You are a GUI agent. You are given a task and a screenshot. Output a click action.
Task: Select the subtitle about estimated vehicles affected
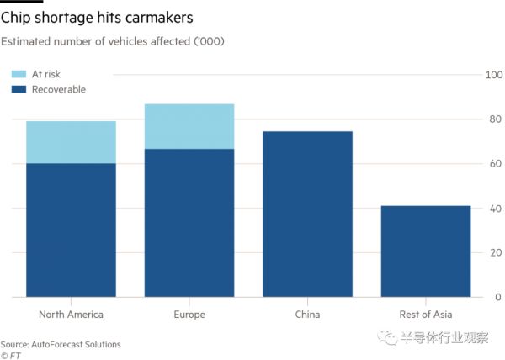(112, 41)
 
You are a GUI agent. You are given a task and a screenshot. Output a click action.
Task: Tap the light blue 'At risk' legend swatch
(17, 75)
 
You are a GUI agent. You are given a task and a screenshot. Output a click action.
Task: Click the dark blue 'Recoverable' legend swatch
(17, 89)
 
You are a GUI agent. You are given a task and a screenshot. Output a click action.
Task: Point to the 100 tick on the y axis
(495, 76)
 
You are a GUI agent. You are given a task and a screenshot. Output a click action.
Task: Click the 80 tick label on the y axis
(497, 120)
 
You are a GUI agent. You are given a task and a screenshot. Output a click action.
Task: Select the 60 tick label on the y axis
(497, 164)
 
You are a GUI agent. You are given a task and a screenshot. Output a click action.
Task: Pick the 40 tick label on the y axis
(497, 209)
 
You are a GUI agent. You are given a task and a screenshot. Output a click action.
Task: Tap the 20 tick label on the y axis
(497, 253)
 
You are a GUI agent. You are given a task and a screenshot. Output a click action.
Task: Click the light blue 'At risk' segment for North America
(71, 142)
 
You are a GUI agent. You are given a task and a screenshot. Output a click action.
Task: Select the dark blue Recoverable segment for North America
(71, 230)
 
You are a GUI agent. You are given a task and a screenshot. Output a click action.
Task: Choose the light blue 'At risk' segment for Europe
(189, 126)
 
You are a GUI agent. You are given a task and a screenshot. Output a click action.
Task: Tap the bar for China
(307, 214)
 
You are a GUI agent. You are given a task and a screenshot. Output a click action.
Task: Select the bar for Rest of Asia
(425, 251)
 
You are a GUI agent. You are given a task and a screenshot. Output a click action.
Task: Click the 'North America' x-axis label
(71, 315)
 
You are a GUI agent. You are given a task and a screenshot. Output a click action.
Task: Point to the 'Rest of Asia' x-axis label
(425, 315)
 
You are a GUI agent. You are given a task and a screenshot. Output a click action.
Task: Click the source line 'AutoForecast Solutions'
(61, 344)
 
